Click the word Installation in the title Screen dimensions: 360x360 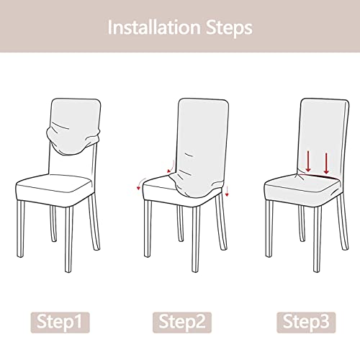pos(152,28)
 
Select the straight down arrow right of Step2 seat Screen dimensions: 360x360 pos(225,192)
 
